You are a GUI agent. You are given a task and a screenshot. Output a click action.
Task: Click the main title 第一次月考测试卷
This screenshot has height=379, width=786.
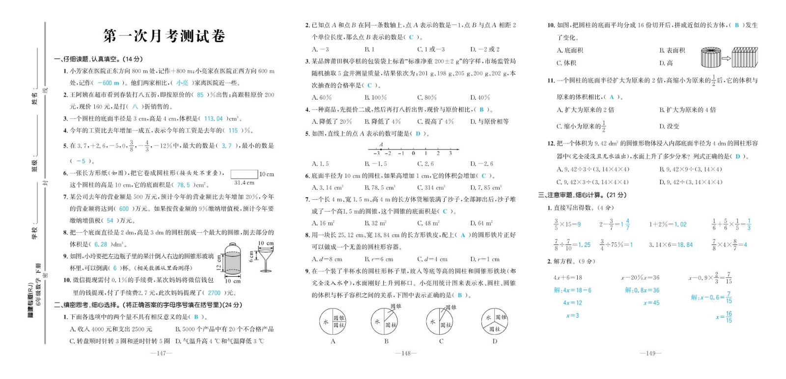pyautogui.click(x=164, y=36)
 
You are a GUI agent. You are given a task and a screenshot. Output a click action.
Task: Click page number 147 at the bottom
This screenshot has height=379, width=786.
pyautogui.click(x=161, y=353)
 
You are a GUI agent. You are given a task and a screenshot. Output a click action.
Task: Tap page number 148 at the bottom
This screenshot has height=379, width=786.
pyautogui.click(x=406, y=353)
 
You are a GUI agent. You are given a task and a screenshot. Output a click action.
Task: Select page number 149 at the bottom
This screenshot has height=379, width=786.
pyautogui.click(x=650, y=353)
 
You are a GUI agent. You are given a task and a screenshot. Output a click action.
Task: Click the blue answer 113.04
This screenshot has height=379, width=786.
pyautogui.click(x=213, y=119)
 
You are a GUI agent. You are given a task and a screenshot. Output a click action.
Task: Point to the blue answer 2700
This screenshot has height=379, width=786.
pyautogui.click(x=214, y=293)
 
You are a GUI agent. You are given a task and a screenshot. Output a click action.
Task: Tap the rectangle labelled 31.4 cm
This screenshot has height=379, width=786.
pyautogui.click(x=244, y=174)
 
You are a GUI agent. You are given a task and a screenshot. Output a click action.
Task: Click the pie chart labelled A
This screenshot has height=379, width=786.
pyautogui.click(x=333, y=322)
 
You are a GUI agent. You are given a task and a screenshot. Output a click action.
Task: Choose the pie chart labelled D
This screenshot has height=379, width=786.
pyautogui.click(x=495, y=322)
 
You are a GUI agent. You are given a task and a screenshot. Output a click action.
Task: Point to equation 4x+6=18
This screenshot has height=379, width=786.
pyautogui.click(x=567, y=277)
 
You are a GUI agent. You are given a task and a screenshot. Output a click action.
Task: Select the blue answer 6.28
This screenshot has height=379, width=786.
pyautogui.click(x=101, y=244)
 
